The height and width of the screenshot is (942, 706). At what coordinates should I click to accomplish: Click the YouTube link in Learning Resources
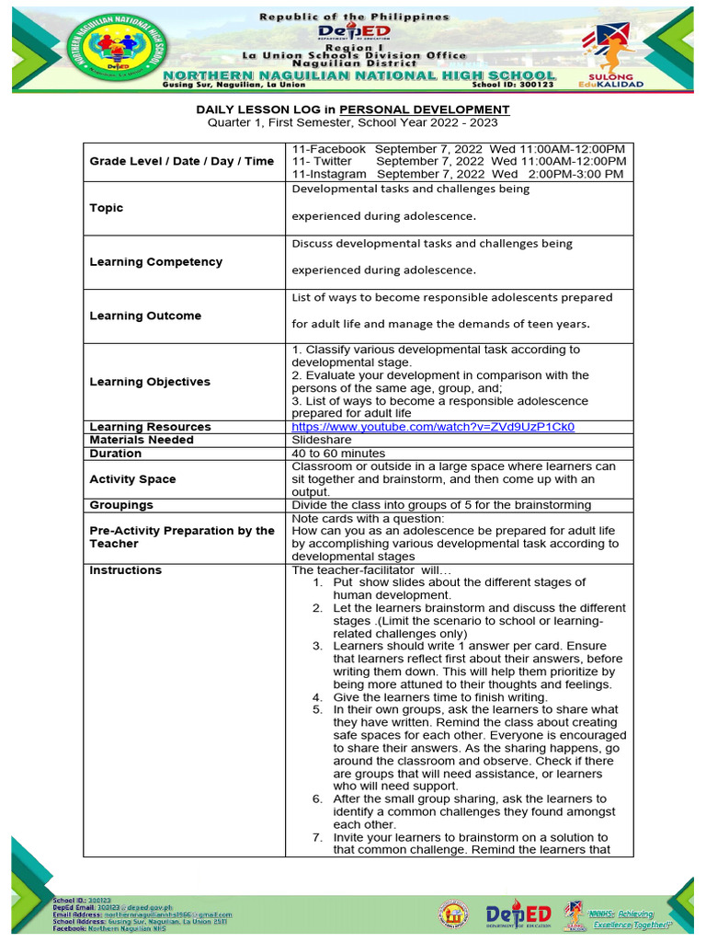tap(433, 427)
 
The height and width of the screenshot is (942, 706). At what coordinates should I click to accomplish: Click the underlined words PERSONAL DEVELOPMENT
tap(424, 109)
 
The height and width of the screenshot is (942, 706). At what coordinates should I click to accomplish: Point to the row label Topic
tap(106, 208)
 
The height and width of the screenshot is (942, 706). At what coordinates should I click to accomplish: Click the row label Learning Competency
tap(155, 261)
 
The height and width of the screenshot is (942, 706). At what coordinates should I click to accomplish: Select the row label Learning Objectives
tap(150, 382)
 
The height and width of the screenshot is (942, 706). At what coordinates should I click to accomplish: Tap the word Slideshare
tap(321, 440)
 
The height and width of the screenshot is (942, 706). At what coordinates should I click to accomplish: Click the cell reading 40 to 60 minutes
tap(338, 454)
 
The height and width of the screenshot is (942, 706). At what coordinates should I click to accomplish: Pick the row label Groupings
tap(121, 505)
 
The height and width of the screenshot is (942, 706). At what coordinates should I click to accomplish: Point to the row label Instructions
tap(125, 570)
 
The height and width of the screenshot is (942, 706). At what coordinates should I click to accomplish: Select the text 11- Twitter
tap(322, 161)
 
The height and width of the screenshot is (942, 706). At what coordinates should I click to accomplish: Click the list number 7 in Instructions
tap(317, 837)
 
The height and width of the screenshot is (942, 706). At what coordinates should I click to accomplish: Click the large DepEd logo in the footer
tap(518, 914)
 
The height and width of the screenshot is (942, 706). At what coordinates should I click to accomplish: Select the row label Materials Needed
tap(141, 440)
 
